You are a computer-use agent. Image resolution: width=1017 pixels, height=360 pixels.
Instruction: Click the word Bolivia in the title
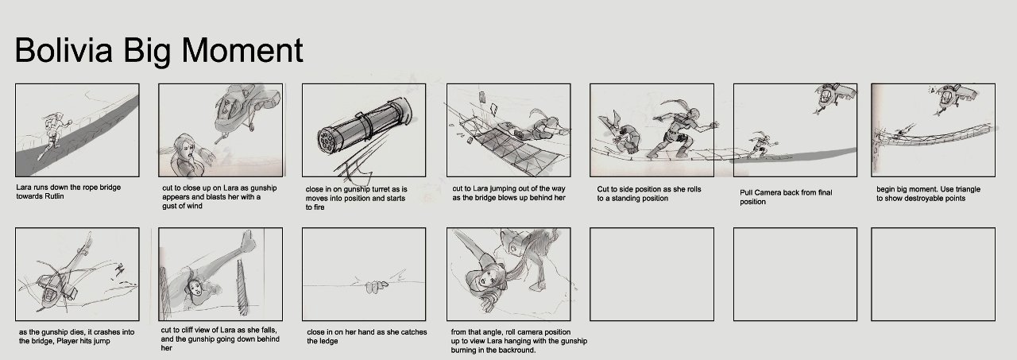point(64,49)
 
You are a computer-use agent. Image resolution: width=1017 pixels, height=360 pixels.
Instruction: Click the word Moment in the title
point(242,49)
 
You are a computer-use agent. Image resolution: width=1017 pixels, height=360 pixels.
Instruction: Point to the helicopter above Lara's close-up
point(246,110)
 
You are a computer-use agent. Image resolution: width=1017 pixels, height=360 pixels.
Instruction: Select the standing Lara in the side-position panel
point(681,130)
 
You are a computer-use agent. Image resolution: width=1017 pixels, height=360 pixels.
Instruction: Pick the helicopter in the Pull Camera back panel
point(833,98)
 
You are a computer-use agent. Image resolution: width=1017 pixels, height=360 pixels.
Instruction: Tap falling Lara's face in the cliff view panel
point(196,287)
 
